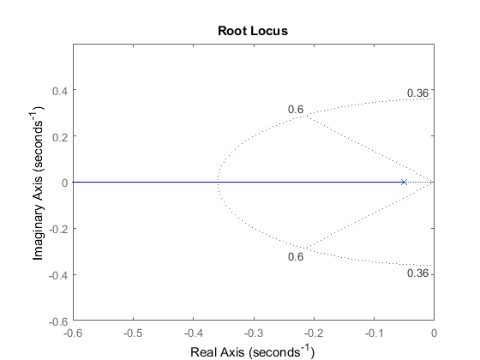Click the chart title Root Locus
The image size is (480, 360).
[x=253, y=31]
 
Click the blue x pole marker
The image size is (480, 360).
[x=404, y=182]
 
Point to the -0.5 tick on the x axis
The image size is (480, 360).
[x=134, y=333]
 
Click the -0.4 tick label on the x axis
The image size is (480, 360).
[x=194, y=333]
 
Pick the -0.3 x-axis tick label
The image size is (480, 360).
[x=254, y=333]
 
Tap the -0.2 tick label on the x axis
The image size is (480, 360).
[x=314, y=333]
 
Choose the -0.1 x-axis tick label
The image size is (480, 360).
[x=374, y=333]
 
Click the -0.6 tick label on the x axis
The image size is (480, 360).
[x=73, y=333]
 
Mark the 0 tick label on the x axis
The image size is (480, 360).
[x=434, y=333]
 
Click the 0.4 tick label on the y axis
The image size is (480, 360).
[x=60, y=91]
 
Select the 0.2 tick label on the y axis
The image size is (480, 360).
[x=60, y=137]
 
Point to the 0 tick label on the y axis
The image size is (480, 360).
[x=64, y=183]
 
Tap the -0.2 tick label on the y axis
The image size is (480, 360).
[x=58, y=230]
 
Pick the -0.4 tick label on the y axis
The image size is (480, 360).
[x=58, y=276]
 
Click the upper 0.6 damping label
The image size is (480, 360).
[x=296, y=110]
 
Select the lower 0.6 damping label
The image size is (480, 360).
[x=296, y=256]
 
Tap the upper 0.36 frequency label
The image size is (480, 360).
[x=418, y=93]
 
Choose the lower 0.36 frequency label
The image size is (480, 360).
[x=418, y=273]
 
